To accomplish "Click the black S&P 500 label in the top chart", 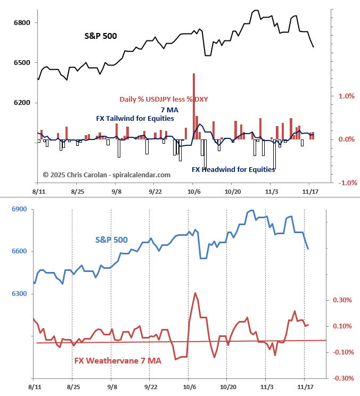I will [x=101, y=36].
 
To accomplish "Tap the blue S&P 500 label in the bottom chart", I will [x=111, y=240].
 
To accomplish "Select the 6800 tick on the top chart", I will [x=22, y=23].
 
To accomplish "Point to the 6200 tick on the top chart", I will [x=22, y=103].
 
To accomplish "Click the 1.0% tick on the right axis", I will [x=347, y=96].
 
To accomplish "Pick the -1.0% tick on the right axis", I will [x=346, y=183].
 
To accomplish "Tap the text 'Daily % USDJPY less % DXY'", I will [x=163, y=99].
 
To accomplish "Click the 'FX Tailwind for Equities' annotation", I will [x=135, y=118].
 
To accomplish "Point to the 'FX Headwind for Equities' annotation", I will [x=233, y=170].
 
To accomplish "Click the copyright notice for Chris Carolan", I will [x=107, y=175].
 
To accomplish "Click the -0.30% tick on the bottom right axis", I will [x=342, y=378].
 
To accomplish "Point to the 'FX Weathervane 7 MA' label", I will [x=118, y=361].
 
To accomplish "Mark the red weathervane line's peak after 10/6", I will [x=195, y=293].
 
